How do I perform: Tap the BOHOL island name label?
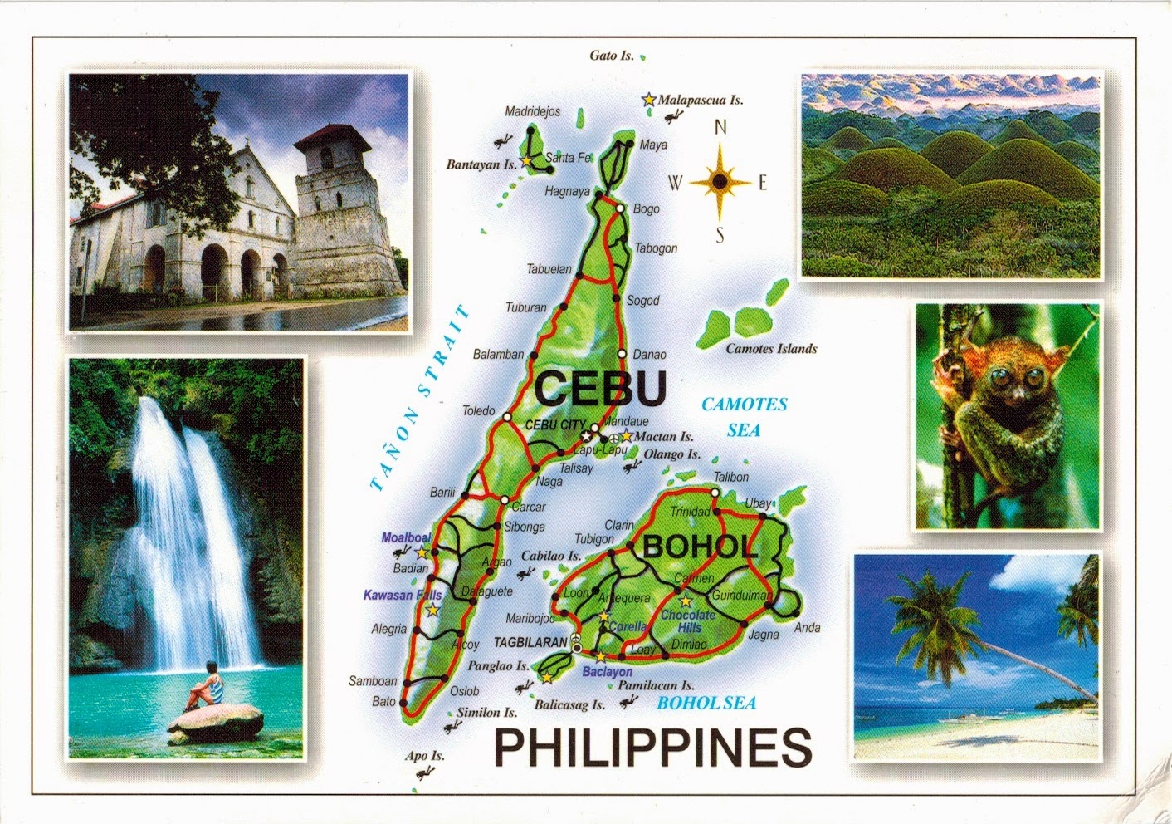click(x=700, y=547)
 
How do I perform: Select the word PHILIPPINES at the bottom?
click(x=652, y=748)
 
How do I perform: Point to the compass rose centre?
click(x=720, y=180)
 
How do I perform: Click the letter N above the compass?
click(x=720, y=127)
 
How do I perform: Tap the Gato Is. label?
click(x=612, y=56)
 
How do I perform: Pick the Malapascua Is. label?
click(x=700, y=101)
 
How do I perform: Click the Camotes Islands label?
click(x=771, y=349)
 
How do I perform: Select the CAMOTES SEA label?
click(x=744, y=416)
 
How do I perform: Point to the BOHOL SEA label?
click(x=706, y=703)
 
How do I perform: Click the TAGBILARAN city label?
click(x=530, y=643)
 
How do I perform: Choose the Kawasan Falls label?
click(x=403, y=595)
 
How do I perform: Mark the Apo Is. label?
click(x=424, y=756)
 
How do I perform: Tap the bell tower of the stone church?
click(x=340, y=216)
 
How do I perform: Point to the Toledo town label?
click(x=478, y=410)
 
